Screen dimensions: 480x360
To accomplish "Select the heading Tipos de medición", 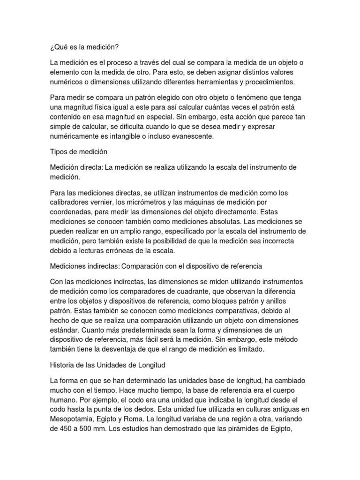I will click(78, 152).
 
